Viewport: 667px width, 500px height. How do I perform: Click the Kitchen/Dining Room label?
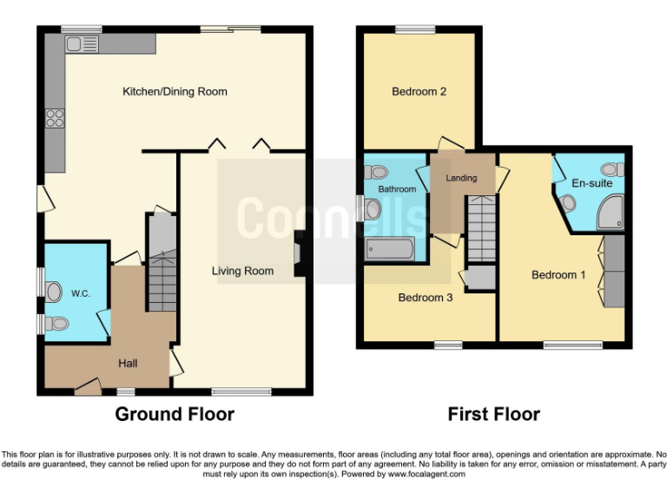click(x=175, y=91)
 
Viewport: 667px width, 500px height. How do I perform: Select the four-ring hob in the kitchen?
click(x=56, y=118)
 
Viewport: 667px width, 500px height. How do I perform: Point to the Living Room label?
click(x=242, y=271)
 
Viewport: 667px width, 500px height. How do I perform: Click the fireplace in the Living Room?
click(x=299, y=254)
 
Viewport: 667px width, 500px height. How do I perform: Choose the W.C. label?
click(x=80, y=293)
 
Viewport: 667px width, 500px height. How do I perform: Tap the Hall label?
click(x=128, y=363)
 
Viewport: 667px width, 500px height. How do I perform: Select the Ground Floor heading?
click(x=175, y=414)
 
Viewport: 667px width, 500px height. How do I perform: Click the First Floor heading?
click(x=493, y=414)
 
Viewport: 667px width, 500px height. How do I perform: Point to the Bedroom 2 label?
click(x=419, y=91)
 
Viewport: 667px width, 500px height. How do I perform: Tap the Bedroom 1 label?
click(x=558, y=274)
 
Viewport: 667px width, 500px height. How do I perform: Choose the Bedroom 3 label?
click(x=425, y=298)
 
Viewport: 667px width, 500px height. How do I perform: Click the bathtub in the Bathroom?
click(x=390, y=249)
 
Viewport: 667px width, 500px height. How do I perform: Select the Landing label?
click(x=461, y=178)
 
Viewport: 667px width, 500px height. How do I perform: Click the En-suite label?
click(x=591, y=183)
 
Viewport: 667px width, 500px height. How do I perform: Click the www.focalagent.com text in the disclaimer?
click(x=426, y=474)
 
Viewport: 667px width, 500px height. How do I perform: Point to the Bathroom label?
click(x=396, y=188)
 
